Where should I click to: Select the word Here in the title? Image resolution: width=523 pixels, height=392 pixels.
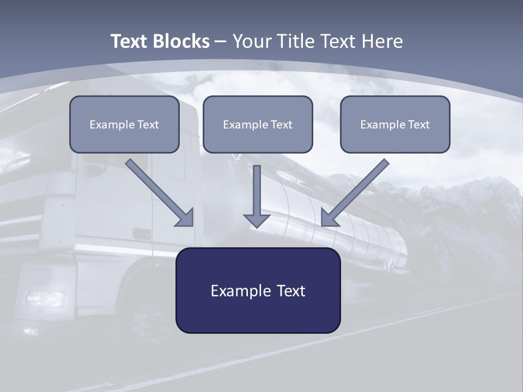381,41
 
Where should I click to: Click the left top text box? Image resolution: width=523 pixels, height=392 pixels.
124,124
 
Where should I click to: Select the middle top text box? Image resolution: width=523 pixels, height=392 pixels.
258,124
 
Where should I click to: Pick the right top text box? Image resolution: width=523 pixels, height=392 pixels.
395,124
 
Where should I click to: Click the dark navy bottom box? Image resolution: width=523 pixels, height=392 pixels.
258,290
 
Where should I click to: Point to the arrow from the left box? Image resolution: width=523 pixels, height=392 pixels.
158,191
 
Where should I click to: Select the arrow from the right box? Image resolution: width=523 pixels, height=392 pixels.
357,191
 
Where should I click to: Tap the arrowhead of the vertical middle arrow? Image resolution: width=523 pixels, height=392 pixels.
257,220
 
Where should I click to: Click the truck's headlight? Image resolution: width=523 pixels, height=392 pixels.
45,298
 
